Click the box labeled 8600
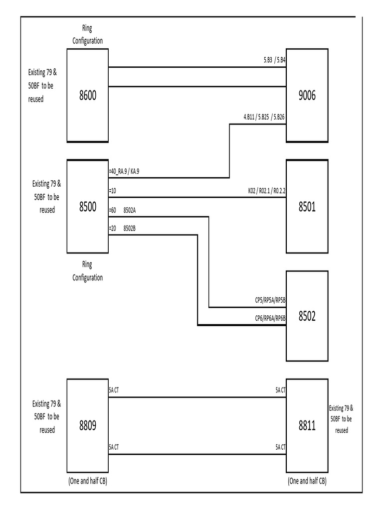[x=88, y=96]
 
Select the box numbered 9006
[x=307, y=96]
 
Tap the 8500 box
[x=88, y=206]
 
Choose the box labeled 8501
[x=307, y=206]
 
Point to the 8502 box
[x=307, y=316]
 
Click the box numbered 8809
[x=88, y=425]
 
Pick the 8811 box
[x=307, y=425]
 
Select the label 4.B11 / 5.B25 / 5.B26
[x=264, y=118]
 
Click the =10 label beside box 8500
[x=113, y=191]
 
